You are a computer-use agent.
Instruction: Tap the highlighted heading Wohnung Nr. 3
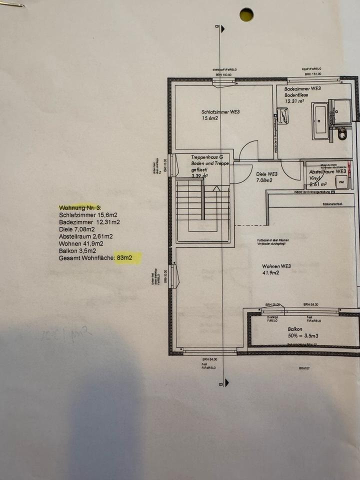(x=80, y=207)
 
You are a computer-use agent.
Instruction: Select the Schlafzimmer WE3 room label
(x=220, y=112)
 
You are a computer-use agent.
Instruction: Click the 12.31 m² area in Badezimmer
(x=295, y=100)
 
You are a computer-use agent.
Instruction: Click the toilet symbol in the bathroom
(x=342, y=134)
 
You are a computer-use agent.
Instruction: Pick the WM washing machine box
(x=342, y=182)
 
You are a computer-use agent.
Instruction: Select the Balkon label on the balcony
(x=295, y=330)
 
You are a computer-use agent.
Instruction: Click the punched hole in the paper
(x=246, y=14)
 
